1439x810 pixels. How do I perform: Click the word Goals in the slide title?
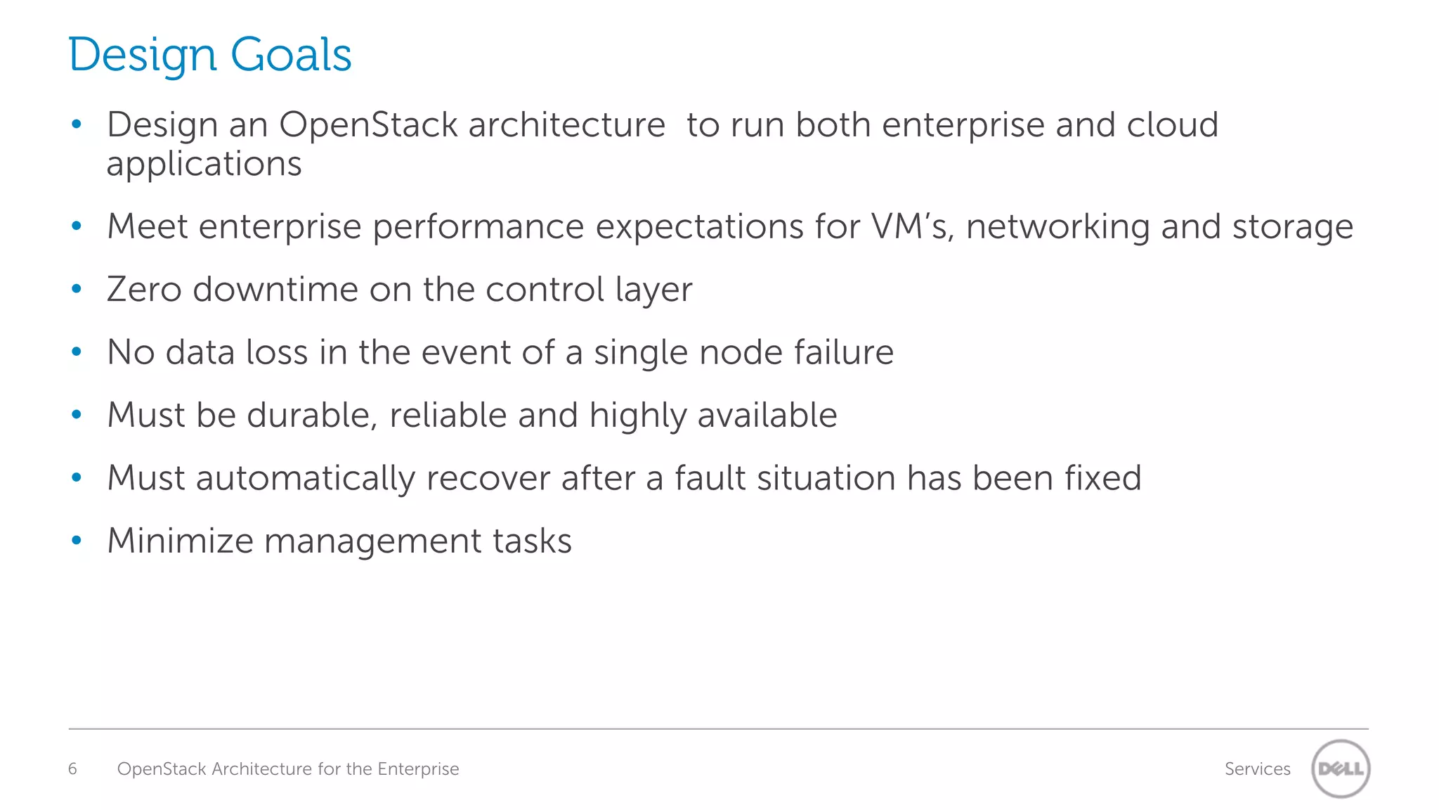(291, 55)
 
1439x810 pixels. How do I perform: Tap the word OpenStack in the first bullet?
(369, 125)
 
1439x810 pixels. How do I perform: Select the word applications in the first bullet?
(204, 165)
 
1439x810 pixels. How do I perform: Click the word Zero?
(144, 289)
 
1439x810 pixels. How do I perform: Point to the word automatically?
(306, 479)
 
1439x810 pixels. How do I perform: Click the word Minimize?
(180, 541)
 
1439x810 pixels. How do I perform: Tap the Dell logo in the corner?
(1341, 769)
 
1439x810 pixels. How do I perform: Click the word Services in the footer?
(1257, 769)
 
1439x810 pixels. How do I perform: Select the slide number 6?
(72, 769)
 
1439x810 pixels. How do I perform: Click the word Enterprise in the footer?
(418, 769)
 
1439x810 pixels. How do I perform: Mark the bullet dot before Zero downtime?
(77, 289)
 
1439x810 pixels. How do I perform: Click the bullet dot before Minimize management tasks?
(77, 541)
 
